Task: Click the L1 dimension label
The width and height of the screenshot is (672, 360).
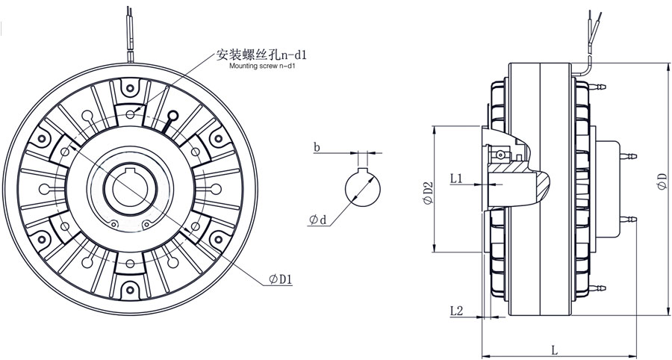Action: [x=458, y=179]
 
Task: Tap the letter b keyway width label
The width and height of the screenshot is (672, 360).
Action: [x=317, y=148]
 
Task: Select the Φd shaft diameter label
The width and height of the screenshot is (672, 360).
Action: [x=317, y=220]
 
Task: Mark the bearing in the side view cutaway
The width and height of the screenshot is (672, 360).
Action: [x=498, y=155]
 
